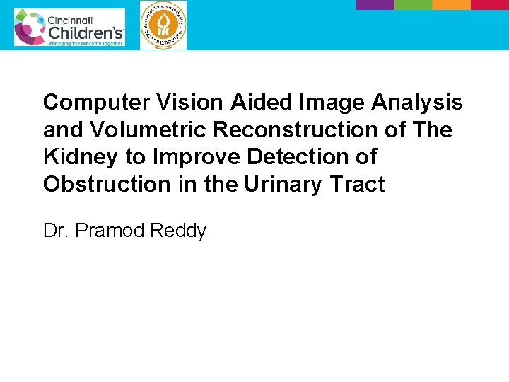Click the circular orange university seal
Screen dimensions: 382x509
tap(163, 25)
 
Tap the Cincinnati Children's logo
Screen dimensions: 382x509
tap(69, 28)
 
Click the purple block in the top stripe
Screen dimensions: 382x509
tap(374, 4)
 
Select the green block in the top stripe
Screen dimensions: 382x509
tap(413, 4)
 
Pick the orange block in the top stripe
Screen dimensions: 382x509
tap(451, 4)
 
